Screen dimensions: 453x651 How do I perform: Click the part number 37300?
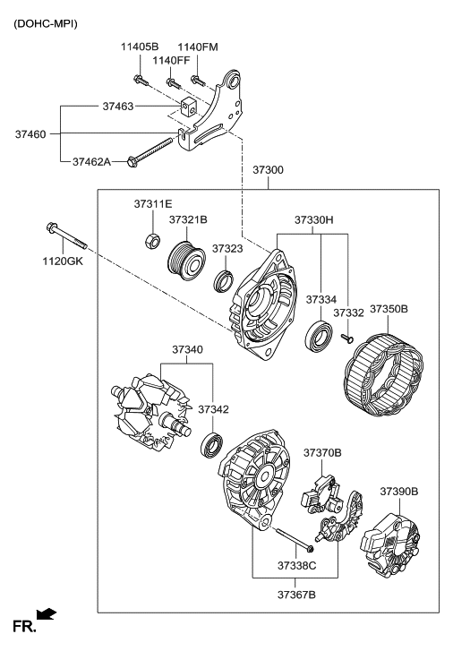(269, 170)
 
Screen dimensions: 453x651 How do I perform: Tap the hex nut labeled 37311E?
(152, 240)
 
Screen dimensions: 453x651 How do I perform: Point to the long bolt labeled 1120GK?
(66, 236)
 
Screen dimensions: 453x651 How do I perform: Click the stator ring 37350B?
(383, 372)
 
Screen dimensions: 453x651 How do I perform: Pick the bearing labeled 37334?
(319, 335)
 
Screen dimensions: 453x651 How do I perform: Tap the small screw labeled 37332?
(347, 339)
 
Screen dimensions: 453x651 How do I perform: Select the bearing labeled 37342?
(212, 445)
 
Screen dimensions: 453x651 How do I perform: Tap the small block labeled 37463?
(188, 107)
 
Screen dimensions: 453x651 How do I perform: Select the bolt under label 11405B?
(141, 80)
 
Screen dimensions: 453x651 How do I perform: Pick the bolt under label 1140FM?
(198, 80)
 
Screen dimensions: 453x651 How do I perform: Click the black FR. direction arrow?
(46, 614)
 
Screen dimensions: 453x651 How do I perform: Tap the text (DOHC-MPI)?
(46, 23)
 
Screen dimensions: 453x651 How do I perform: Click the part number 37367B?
(296, 595)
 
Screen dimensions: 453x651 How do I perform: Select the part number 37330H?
(314, 219)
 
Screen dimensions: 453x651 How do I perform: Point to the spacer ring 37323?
(224, 281)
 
